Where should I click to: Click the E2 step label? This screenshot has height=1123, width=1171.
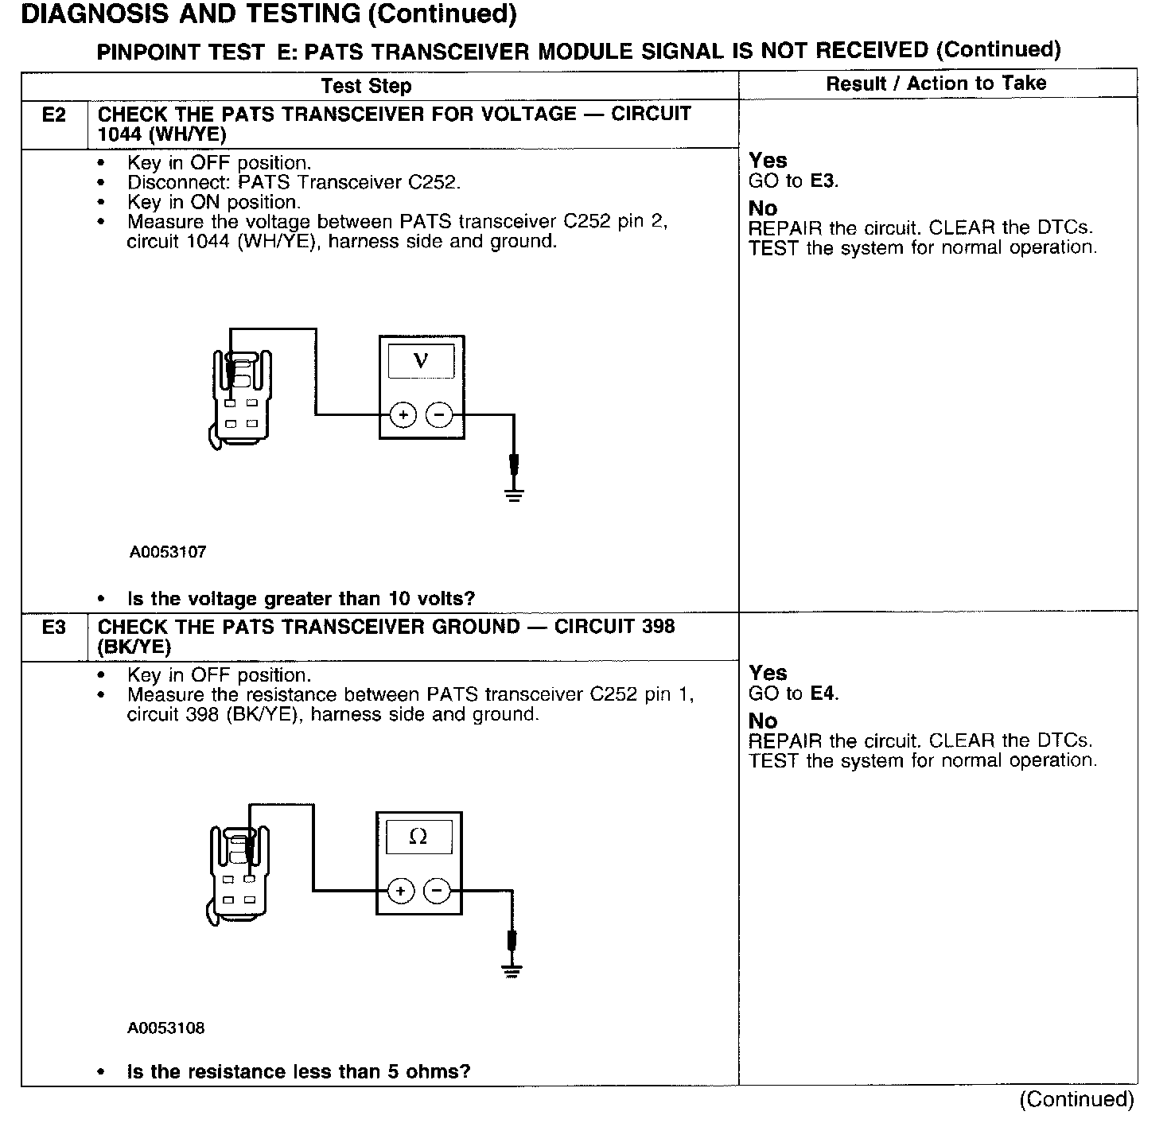tap(53, 115)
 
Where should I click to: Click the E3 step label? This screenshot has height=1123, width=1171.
tap(53, 628)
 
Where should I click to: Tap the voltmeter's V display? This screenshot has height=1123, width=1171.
tap(421, 361)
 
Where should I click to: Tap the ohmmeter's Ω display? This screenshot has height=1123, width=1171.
tap(418, 837)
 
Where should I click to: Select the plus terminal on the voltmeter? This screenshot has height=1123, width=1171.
tap(403, 414)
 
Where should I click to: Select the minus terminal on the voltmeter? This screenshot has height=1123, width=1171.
tap(439, 414)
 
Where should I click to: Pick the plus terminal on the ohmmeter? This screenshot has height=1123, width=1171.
tap(401, 891)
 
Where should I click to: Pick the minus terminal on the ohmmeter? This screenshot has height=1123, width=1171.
tap(437, 891)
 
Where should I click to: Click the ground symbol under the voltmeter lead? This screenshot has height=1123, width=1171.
tap(514, 495)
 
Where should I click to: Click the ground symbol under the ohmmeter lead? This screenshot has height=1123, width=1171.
tap(512, 970)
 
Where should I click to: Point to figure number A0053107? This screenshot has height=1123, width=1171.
tap(168, 552)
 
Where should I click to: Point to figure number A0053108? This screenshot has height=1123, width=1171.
tap(166, 1028)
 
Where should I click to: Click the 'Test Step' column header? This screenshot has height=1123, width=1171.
tap(366, 86)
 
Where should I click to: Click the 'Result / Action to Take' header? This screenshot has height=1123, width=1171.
tap(936, 84)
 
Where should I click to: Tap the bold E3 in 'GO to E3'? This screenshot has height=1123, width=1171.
tap(823, 181)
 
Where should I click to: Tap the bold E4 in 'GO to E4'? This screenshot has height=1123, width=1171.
tap(823, 694)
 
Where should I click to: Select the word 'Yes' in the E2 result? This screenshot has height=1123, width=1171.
tap(768, 161)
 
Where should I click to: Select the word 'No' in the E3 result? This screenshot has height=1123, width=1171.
tap(763, 721)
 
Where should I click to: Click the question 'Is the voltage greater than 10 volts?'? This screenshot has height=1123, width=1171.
tap(301, 598)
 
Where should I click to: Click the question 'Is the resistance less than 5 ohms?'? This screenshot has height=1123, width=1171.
tap(298, 1071)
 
